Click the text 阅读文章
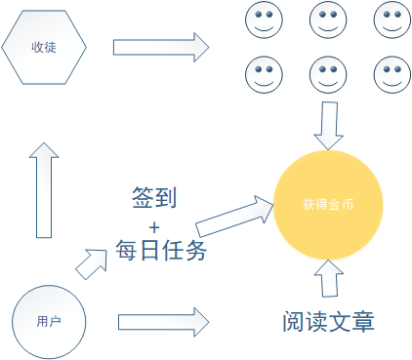point(328,321)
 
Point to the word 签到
point(154,198)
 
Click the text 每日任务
point(160,251)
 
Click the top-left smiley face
point(261,20)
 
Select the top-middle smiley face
point(326,20)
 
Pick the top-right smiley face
point(391,20)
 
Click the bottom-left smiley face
point(261,72)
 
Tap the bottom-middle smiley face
point(326,72)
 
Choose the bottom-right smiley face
point(391,72)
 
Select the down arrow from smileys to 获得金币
point(327,123)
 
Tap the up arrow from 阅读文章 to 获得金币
point(327,278)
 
